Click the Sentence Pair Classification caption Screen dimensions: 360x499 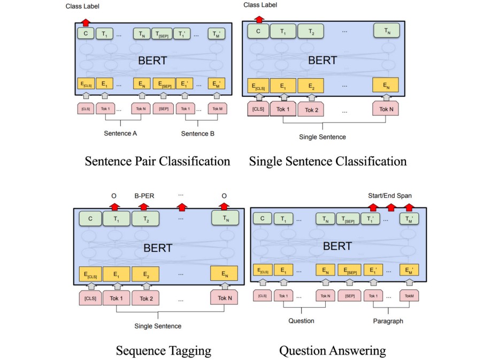(157, 161)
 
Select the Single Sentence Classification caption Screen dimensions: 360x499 (328, 161)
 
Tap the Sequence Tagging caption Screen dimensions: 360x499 (163, 351)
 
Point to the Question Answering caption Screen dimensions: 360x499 (332, 351)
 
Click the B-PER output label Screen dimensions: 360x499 (144, 196)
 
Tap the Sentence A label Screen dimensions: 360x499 (120, 133)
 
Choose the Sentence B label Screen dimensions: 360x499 (197, 133)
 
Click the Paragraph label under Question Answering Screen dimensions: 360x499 (388, 321)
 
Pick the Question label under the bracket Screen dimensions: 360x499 (301, 321)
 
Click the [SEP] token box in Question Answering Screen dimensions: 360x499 (350, 296)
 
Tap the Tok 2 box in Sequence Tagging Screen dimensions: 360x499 (147, 298)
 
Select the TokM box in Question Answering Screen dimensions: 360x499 (409, 296)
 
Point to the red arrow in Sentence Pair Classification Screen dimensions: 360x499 (85, 22)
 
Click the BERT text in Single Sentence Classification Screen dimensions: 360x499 (323, 60)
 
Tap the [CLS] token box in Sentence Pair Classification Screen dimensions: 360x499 (85, 109)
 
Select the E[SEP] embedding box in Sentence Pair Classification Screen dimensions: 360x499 (163, 83)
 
